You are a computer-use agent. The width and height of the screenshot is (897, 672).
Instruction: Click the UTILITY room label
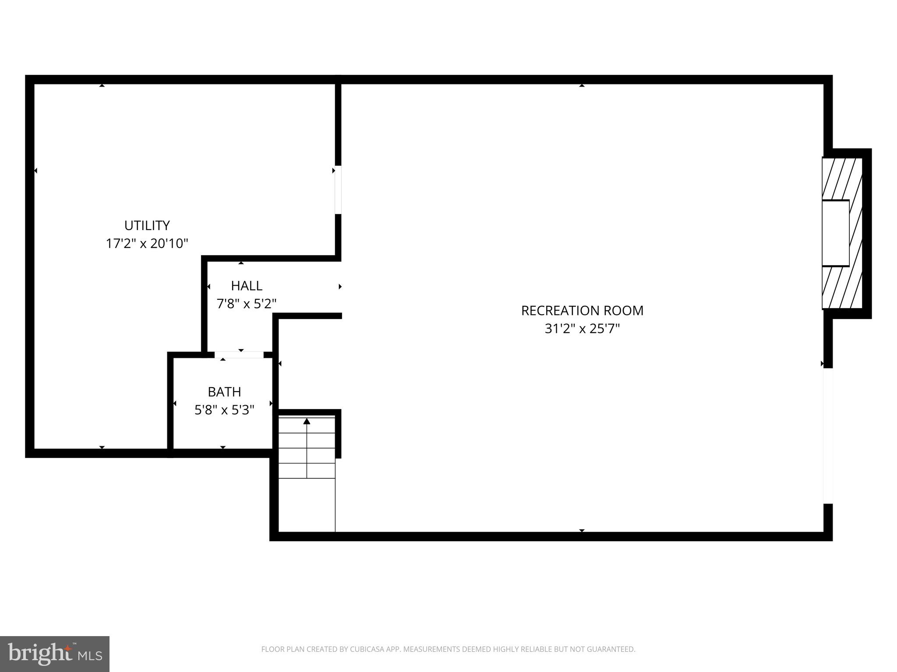(x=147, y=225)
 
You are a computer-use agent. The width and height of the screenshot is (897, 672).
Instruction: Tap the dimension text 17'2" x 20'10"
(x=147, y=243)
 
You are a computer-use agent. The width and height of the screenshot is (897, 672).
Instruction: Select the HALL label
(x=247, y=286)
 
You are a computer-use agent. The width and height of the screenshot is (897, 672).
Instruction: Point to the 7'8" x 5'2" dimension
(x=247, y=304)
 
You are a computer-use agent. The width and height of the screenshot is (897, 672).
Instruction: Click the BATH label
(x=224, y=392)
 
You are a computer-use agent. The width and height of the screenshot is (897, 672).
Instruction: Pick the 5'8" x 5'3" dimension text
(x=224, y=410)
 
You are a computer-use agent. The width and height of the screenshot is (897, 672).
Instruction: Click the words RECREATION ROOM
(x=582, y=311)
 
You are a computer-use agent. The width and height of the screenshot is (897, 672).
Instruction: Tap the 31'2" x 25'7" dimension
(x=582, y=329)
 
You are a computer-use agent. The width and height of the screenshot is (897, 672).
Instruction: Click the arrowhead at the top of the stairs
(x=307, y=421)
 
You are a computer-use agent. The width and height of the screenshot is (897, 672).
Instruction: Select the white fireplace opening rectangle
(x=835, y=233)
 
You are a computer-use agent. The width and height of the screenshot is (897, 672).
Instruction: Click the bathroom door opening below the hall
(x=239, y=355)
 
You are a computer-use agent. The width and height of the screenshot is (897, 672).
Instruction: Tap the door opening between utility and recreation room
(x=338, y=190)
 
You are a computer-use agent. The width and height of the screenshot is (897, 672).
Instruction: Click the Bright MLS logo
(x=55, y=654)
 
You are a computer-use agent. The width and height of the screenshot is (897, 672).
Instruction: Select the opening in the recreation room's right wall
(x=827, y=436)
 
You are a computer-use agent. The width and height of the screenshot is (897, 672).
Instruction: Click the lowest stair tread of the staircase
(x=307, y=471)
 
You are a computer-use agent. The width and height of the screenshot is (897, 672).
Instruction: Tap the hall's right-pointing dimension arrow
(x=340, y=287)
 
